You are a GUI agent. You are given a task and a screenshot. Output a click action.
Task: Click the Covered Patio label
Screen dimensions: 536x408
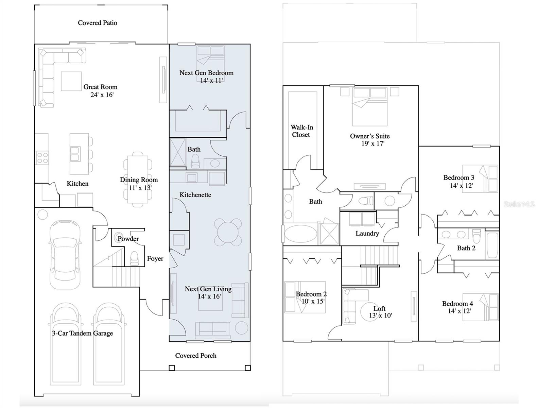(98, 23)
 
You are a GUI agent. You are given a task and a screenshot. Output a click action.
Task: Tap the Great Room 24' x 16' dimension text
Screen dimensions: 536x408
(102, 95)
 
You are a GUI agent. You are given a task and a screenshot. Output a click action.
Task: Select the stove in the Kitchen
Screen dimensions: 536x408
(42, 158)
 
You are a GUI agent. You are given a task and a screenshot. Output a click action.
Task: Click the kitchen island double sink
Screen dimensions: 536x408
(75, 154)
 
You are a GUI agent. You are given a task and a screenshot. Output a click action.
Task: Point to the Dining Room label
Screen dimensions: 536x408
(139, 180)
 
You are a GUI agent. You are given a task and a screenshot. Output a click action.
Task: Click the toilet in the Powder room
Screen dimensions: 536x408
(134, 258)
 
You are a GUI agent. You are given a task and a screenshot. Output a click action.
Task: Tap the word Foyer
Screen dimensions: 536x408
(155, 259)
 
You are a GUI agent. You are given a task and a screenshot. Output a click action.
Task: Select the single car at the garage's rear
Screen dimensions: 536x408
(65, 254)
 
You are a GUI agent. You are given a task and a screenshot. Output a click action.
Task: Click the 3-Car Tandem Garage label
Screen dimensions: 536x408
(83, 333)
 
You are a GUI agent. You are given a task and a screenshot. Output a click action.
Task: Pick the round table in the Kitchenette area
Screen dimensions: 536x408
(228, 232)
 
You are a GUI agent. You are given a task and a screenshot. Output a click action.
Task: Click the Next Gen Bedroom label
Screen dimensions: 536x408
(206, 73)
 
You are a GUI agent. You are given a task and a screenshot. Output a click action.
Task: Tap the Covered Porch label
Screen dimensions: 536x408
(196, 356)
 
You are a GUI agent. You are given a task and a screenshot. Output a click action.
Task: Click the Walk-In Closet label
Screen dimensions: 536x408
(301, 131)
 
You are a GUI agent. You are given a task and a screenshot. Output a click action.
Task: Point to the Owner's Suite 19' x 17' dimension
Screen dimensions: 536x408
(373, 143)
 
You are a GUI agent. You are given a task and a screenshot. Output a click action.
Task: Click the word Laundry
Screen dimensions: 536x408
(367, 234)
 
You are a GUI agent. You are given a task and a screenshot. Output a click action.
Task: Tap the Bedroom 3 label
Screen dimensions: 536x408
(459, 177)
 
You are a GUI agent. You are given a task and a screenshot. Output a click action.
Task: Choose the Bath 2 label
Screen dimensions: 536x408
(466, 248)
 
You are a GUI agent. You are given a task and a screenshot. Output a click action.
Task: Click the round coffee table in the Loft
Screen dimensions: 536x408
(370, 312)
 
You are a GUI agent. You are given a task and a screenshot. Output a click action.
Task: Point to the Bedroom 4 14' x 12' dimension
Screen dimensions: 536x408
(459, 311)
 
